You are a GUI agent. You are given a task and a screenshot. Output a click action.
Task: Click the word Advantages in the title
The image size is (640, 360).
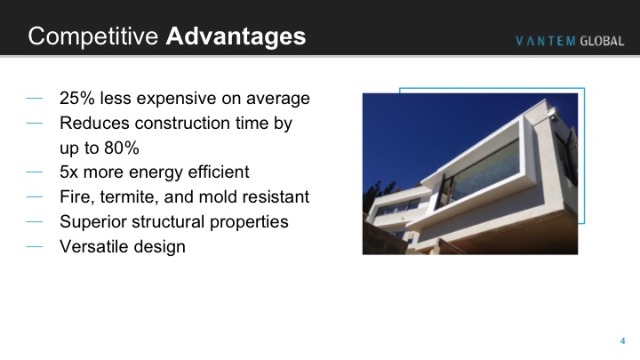(x=236, y=36)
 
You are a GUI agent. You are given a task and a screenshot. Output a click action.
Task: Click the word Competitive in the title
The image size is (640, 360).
(x=93, y=36)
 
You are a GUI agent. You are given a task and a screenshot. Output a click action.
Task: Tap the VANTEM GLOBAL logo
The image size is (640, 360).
(x=570, y=41)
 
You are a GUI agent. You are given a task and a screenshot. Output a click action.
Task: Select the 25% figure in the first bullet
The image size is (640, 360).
(x=77, y=99)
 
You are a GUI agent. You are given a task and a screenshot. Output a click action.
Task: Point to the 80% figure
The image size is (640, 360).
(x=122, y=148)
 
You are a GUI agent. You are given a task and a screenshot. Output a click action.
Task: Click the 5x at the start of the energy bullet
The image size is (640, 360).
(x=68, y=172)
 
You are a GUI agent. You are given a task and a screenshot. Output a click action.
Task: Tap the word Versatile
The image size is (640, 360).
(x=92, y=246)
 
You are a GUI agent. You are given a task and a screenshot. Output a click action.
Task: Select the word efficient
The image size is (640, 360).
(x=219, y=172)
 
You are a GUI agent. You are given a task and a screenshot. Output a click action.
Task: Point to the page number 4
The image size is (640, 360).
(x=622, y=340)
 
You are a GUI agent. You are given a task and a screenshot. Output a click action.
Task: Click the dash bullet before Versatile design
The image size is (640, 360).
(x=35, y=246)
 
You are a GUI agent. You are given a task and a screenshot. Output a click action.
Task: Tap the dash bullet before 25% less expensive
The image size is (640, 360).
(x=35, y=99)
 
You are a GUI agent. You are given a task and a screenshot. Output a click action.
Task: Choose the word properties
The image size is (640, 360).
(x=249, y=222)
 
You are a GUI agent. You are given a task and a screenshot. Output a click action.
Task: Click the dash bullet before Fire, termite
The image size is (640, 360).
(x=35, y=196)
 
